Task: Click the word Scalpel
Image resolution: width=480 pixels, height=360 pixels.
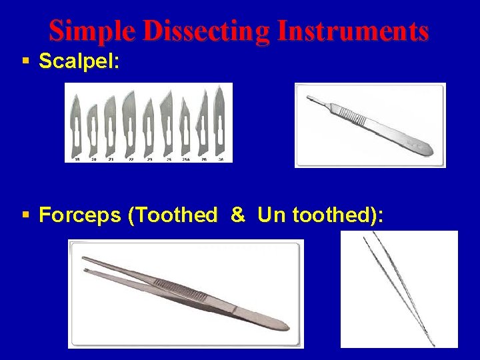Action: click(x=79, y=61)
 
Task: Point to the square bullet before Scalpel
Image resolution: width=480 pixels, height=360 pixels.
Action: click(x=25, y=61)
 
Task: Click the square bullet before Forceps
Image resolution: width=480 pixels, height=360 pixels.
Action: click(x=25, y=215)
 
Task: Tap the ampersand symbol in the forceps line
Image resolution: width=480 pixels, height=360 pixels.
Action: click(x=237, y=215)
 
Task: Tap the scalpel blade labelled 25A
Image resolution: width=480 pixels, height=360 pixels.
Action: click(x=184, y=127)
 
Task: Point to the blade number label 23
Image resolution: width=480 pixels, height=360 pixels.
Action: click(x=149, y=160)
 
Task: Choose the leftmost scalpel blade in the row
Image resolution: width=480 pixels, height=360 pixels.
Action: click(x=78, y=127)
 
